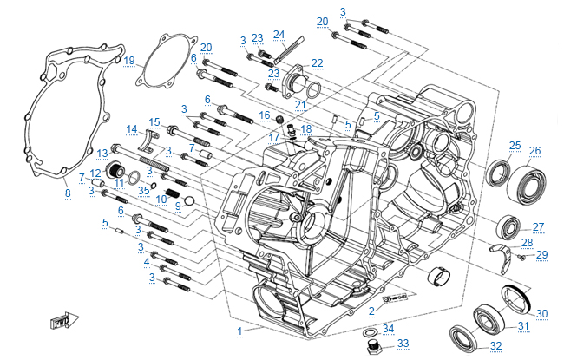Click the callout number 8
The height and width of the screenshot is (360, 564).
click(68, 193)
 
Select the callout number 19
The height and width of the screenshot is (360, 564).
click(129, 60)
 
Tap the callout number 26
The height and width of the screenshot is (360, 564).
click(534, 150)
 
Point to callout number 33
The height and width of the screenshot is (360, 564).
click(403, 344)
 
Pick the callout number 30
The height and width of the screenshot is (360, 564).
click(542, 313)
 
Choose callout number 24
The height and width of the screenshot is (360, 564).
click(279, 35)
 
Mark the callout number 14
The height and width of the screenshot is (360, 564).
click(131, 129)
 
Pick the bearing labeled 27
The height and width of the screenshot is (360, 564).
click(508, 230)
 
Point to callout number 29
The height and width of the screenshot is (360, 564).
click(542, 254)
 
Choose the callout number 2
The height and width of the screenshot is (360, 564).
click(371, 310)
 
